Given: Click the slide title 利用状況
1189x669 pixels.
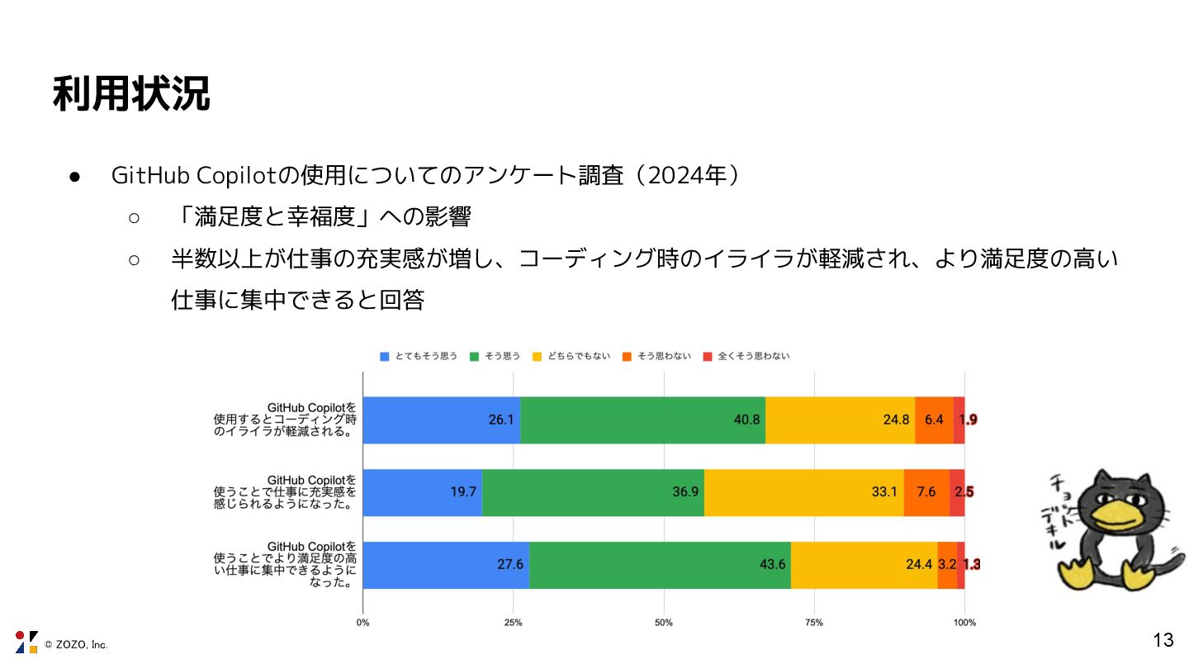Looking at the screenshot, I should pyautogui.click(x=131, y=94).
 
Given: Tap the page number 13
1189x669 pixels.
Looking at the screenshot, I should pyautogui.click(x=1163, y=639).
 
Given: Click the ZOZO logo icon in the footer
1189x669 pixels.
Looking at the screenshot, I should pyautogui.click(x=26, y=642).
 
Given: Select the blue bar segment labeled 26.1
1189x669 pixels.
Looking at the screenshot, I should pyautogui.click(x=442, y=420).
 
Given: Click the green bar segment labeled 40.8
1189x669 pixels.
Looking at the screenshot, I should pyautogui.click(x=642, y=420).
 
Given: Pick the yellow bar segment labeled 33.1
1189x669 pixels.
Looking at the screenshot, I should pyautogui.click(x=803, y=492).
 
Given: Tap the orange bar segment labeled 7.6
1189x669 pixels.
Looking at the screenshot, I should pyautogui.click(x=926, y=492).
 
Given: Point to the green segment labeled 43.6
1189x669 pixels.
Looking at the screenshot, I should pyautogui.click(x=660, y=565).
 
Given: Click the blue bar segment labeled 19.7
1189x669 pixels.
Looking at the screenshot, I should pyautogui.click(x=422, y=492).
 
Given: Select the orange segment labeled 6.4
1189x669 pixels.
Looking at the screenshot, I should pyautogui.click(x=934, y=420).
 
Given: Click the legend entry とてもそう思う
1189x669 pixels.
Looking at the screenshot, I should pyautogui.click(x=419, y=356).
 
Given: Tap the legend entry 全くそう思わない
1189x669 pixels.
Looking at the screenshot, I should pyautogui.click(x=746, y=356).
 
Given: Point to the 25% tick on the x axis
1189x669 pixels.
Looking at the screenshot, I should pyautogui.click(x=513, y=622).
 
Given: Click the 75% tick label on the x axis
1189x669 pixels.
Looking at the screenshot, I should pyautogui.click(x=814, y=622).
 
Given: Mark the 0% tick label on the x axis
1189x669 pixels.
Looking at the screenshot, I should pyautogui.click(x=362, y=622).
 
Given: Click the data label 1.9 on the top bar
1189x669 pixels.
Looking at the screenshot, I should pyautogui.click(x=968, y=420).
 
